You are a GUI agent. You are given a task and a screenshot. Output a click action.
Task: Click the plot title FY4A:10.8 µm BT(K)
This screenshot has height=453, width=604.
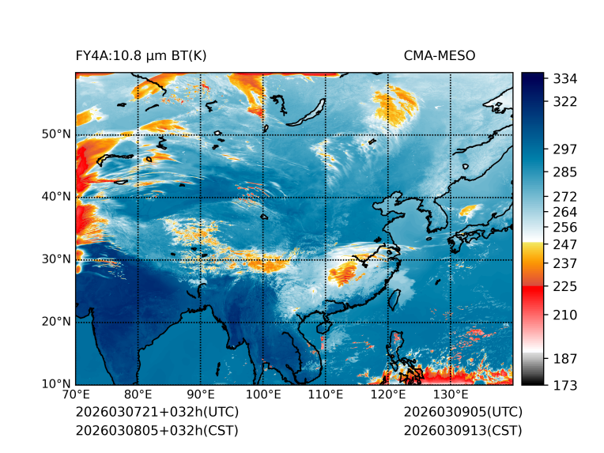[142, 55]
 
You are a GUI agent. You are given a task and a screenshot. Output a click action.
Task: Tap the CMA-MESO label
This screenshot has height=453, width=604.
[440, 55]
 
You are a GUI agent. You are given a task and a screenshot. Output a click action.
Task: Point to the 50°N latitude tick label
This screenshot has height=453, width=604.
[56, 134]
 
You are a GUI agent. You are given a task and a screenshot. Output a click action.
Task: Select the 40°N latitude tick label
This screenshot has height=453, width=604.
[56, 196]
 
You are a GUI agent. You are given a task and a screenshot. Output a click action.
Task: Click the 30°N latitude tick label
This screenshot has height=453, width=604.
[56, 259]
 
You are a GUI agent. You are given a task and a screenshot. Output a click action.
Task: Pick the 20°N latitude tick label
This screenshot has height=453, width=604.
[56, 322]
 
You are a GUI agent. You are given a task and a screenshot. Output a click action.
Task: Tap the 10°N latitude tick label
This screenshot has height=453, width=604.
[56, 384]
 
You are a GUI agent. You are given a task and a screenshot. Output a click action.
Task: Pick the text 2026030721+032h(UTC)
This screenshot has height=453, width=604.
[157, 413]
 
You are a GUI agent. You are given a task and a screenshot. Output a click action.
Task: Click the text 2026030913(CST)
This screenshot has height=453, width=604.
[462, 430]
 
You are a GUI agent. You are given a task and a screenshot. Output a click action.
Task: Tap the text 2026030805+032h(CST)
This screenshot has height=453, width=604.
[157, 430]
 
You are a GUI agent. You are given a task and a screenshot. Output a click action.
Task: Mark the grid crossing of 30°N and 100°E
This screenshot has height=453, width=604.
[262, 259]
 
